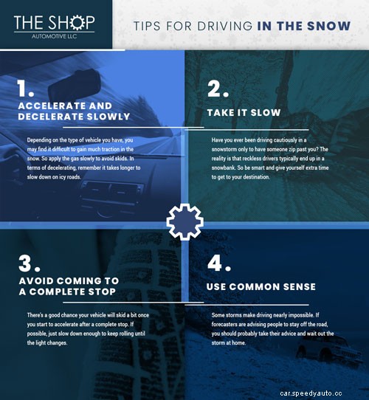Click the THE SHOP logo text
pyautogui.click(x=53, y=21)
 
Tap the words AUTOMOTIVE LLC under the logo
pyautogui.click(x=53, y=35)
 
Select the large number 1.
pyautogui.click(x=27, y=89)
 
